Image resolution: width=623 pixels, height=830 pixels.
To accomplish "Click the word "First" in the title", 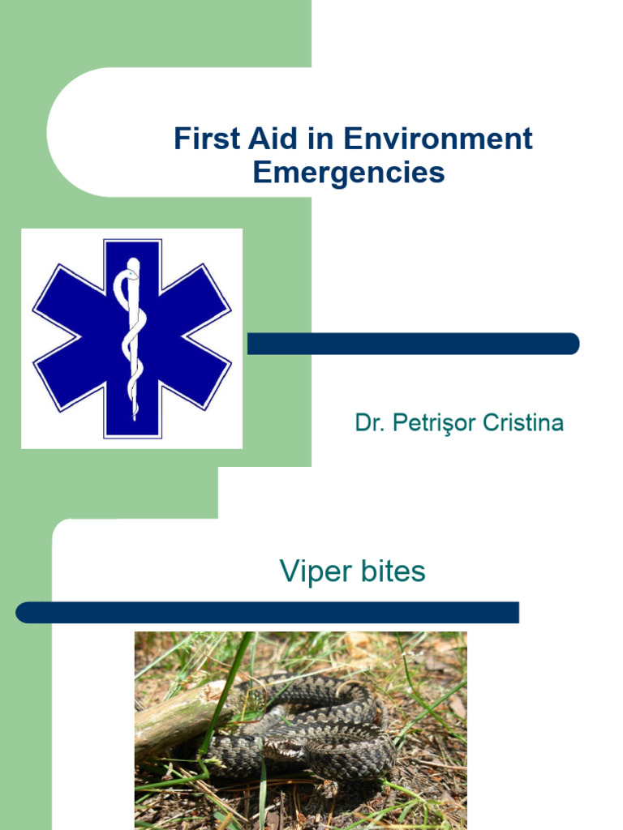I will [208, 139].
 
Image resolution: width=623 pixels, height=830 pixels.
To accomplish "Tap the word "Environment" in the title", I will [437, 139].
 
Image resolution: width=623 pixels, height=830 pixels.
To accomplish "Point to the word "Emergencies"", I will [349, 173].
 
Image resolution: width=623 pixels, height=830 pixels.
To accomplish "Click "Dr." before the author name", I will [370, 422].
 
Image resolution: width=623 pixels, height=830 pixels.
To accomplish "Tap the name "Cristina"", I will [522, 422].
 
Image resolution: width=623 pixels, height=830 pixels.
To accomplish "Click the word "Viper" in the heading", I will [316, 571].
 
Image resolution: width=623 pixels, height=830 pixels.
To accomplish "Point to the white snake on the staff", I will [131, 340].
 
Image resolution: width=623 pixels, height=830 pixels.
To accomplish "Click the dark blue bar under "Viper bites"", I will [268, 613].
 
